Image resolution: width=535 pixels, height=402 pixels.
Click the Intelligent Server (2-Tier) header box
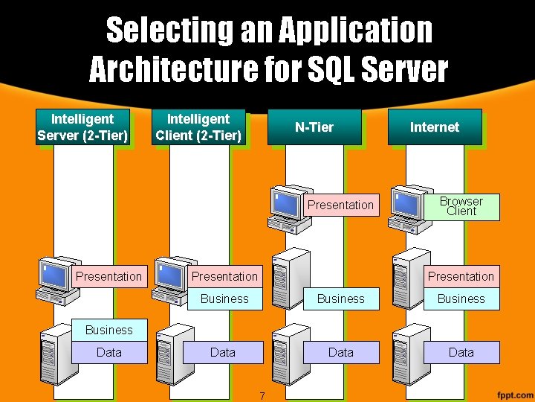(82, 127)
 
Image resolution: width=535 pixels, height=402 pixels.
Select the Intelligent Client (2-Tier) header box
(198, 127)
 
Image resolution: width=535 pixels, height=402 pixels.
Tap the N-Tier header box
(314, 127)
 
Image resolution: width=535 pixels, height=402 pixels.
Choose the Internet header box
(435, 127)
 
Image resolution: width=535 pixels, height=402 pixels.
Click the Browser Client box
(461, 206)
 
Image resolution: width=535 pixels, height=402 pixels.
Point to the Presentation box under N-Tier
(340, 205)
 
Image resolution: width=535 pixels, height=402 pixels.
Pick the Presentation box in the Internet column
(461, 276)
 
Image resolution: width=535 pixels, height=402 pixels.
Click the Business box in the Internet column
(461, 299)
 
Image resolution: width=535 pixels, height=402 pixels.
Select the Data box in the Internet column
(461, 352)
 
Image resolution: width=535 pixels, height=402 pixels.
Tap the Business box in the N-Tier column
(340, 299)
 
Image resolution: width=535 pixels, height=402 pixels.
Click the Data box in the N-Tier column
(340, 352)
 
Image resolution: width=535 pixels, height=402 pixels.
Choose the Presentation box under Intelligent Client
(224, 276)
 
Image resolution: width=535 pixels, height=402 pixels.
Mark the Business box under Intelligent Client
(224, 299)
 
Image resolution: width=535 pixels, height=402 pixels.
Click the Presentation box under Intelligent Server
(108, 276)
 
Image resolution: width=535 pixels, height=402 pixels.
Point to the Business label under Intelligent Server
(108, 330)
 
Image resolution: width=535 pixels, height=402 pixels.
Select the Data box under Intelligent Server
(108, 352)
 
